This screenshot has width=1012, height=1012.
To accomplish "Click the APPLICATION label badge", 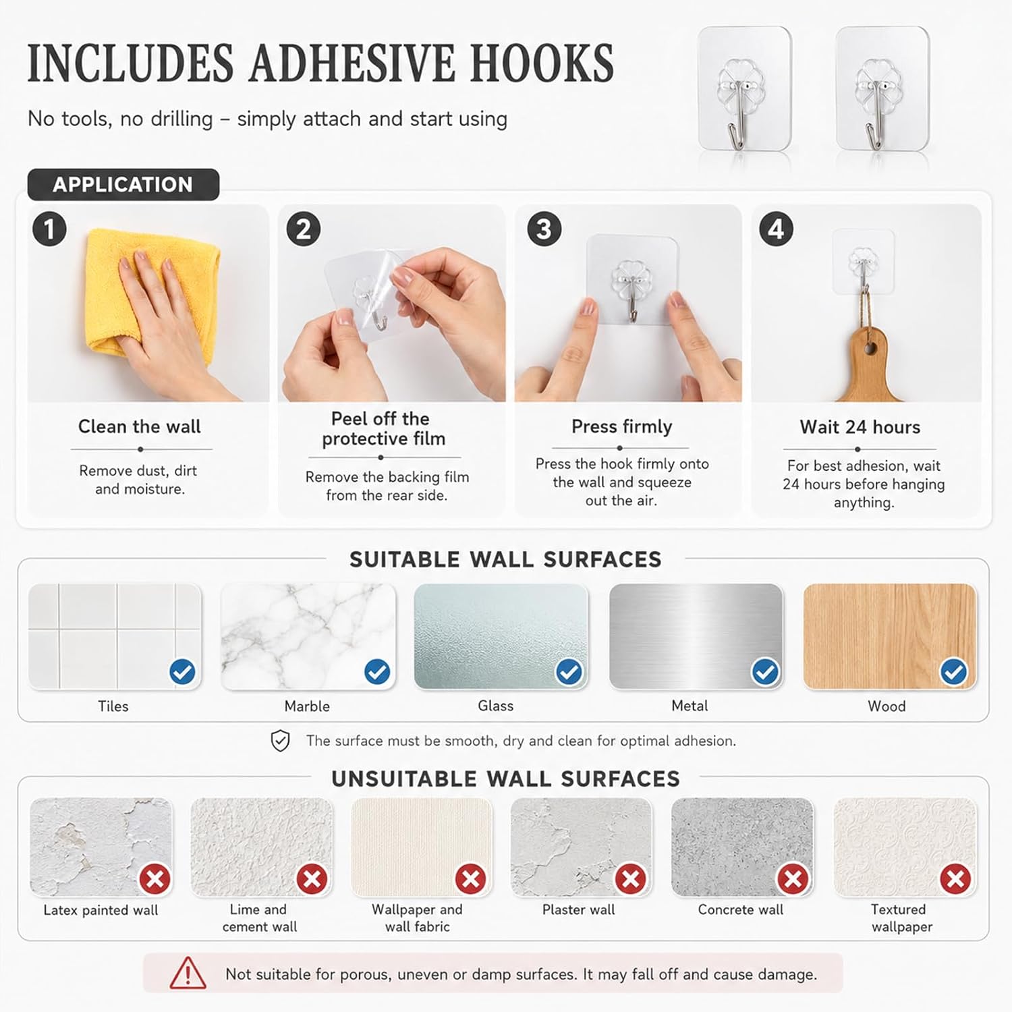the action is pyautogui.click(x=123, y=184).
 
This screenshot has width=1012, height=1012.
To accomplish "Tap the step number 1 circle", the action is pyautogui.click(x=49, y=229).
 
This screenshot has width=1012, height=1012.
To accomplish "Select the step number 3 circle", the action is pyautogui.click(x=544, y=229).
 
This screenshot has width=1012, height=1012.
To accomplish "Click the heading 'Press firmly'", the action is pyautogui.click(x=622, y=426).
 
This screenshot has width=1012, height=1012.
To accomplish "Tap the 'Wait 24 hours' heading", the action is pyautogui.click(x=860, y=427).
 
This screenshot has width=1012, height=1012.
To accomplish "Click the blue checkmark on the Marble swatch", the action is pyautogui.click(x=377, y=672).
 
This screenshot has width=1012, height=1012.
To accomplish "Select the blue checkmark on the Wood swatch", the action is pyautogui.click(x=954, y=672).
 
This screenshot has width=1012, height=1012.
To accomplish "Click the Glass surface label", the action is pyautogui.click(x=496, y=706).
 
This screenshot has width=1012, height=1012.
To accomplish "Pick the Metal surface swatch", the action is pyautogui.click(x=696, y=636).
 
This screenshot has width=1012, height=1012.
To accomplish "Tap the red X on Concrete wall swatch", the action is pyautogui.click(x=793, y=879).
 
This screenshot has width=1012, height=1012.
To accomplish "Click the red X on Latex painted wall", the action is pyautogui.click(x=155, y=879).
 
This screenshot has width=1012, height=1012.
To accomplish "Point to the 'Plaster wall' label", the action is pyautogui.click(x=579, y=909).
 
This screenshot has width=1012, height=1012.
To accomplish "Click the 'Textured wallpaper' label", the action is pyautogui.click(x=901, y=918).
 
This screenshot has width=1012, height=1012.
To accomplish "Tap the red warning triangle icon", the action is pyautogui.click(x=188, y=973).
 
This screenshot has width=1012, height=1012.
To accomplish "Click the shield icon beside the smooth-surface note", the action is pyautogui.click(x=280, y=741).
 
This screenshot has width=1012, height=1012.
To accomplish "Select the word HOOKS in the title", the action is pyautogui.click(x=542, y=63).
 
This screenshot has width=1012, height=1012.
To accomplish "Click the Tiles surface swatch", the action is pyautogui.click(x=115, y=636).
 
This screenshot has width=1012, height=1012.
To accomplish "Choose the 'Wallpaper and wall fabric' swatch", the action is pyautogui.click(x=422, y=847).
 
